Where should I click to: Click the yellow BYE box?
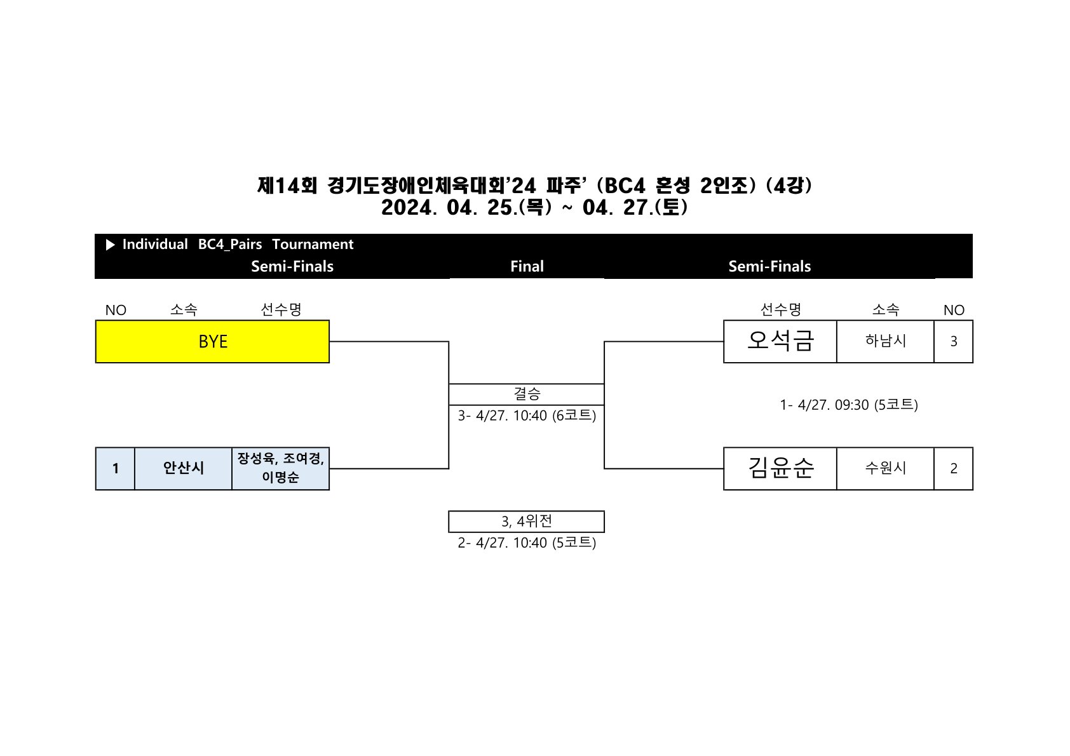(212, 342)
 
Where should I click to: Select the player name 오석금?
(780, 341)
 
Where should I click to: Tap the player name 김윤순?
(780, 468)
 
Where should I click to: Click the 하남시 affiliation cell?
(885, 341)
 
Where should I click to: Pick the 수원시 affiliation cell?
(885, 468)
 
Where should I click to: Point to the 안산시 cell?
(183, 468)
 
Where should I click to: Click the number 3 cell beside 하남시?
(953, 341)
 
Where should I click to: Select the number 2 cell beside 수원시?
(953, 468)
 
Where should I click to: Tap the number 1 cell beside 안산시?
(115, 468)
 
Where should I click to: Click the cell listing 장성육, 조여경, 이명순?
(280, 468)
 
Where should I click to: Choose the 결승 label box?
(526, 394)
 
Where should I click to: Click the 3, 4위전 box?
(526, 522)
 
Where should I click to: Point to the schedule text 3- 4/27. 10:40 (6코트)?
(527, 415)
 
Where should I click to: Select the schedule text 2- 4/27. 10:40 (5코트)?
(527, 543)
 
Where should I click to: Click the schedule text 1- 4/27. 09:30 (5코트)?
(849, 405)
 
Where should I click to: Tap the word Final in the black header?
(527, 266)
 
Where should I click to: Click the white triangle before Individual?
(111, 245)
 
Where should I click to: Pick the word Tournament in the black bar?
(313, 245)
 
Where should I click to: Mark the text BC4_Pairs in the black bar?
(230, 245)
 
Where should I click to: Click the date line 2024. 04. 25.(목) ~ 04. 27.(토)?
(534, 208)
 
